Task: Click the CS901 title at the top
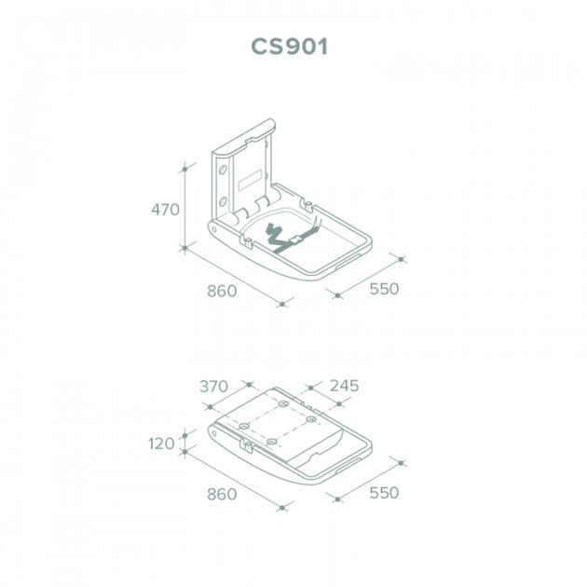coord(290,47)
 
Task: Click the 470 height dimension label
coord(165,210)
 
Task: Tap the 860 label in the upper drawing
coord(222,291)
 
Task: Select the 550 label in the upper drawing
coord(384,289)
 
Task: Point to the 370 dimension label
coord(213,387)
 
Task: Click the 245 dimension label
coord(344,386)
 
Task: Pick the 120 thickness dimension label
coord(161,444)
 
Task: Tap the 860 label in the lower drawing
coord(222,494)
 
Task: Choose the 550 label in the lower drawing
coord(384,492)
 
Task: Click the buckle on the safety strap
coord(295,239)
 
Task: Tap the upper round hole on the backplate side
coord(223,171)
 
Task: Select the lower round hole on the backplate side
coord(223,202)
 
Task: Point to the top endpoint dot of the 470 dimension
coord(184,170)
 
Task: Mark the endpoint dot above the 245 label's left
coord(311,389)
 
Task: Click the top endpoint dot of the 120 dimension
coord(184,435)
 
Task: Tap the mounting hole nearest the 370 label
coord(244,426)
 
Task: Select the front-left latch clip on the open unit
coord(248,241)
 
